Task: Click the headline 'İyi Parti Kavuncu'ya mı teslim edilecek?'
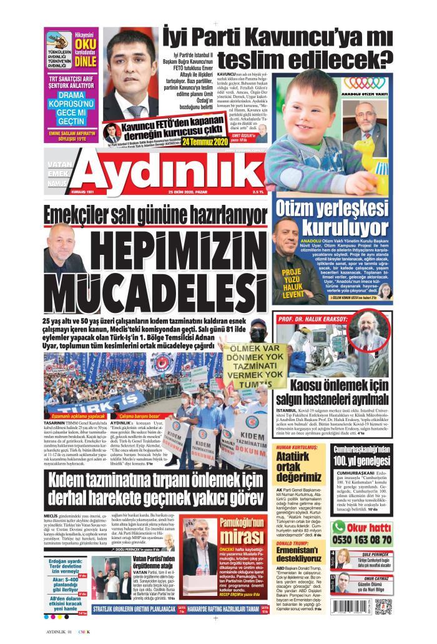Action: tap(277, 46)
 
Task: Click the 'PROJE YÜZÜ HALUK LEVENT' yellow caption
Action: tap(292, 282)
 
